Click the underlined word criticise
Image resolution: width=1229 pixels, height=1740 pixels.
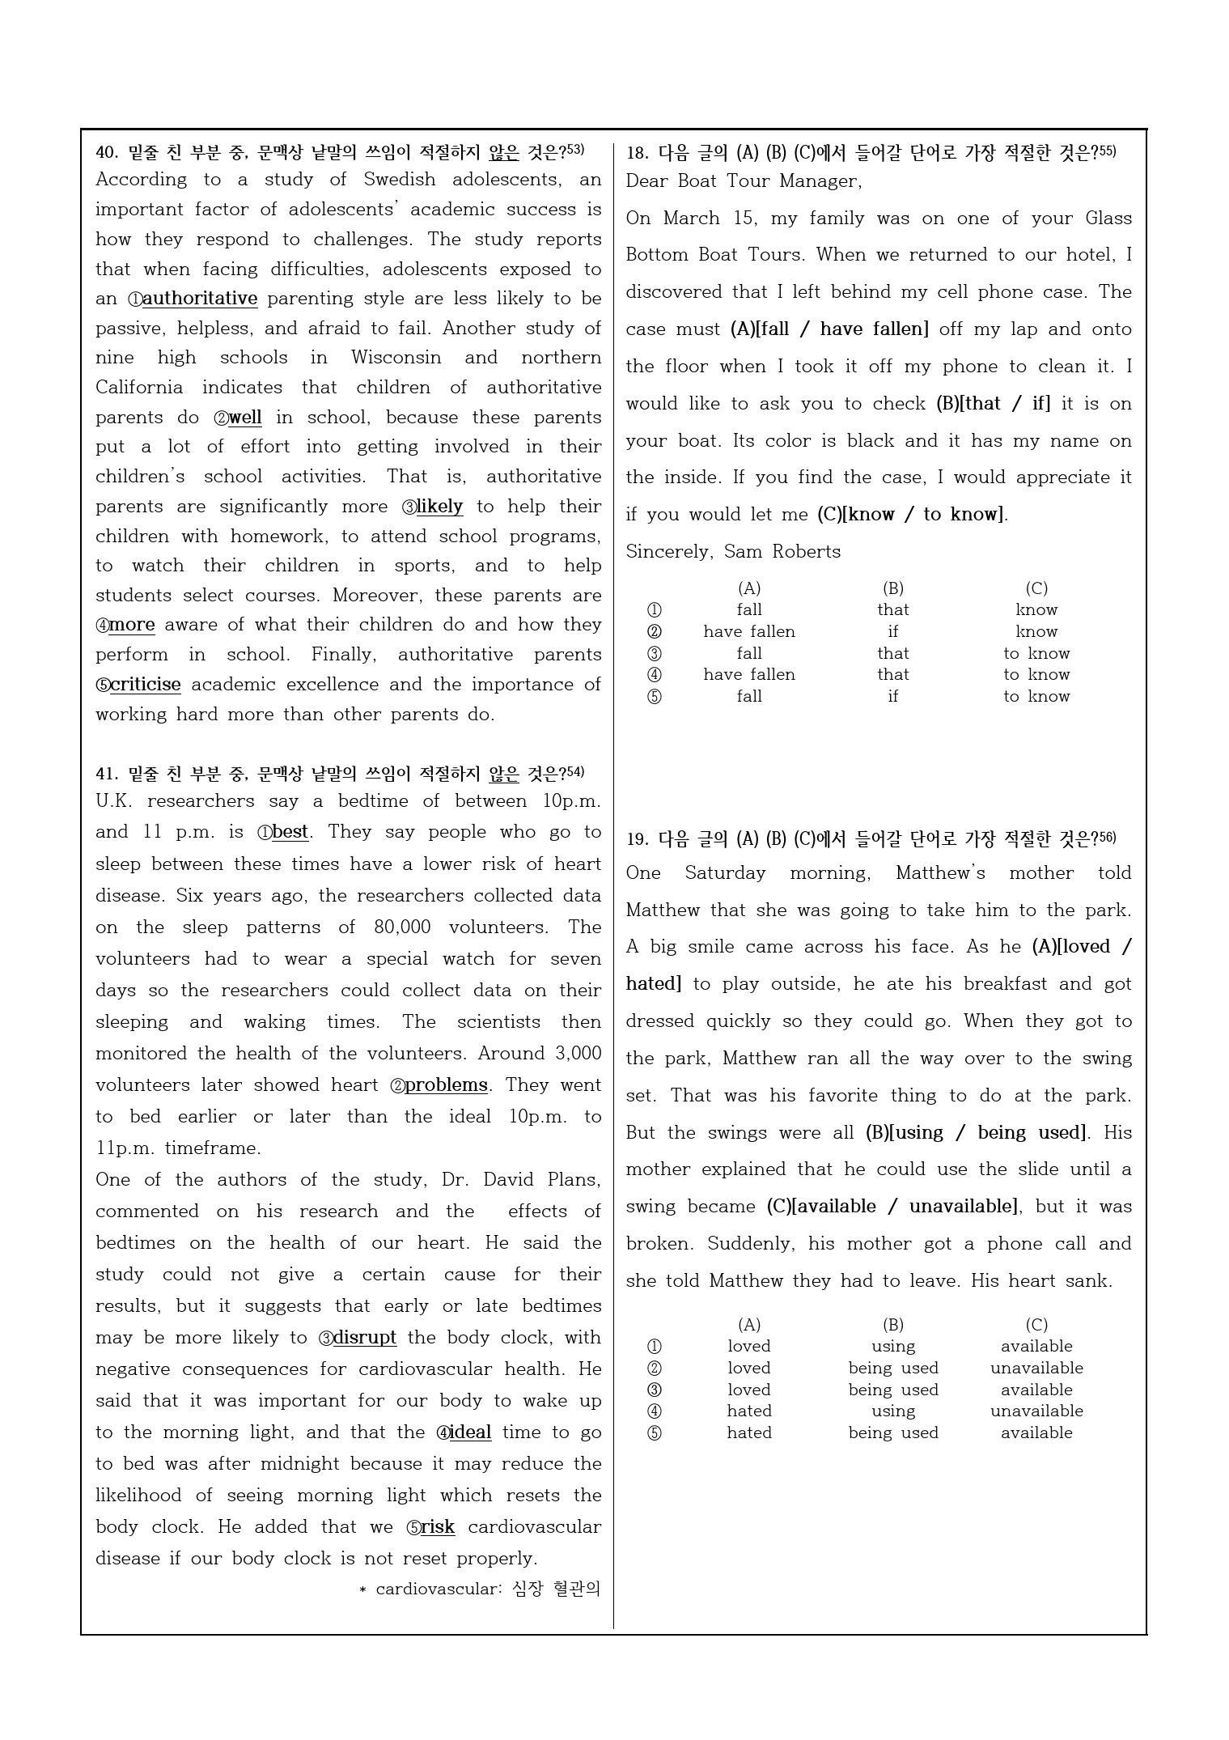tap(145, 685)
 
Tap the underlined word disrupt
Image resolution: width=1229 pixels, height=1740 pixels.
tap(364, 1338)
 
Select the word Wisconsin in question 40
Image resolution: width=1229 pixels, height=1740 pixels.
tap(396, 358)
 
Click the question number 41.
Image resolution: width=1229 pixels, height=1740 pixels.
tap(107, 775)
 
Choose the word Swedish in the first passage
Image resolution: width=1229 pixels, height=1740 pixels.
tap(399, 180)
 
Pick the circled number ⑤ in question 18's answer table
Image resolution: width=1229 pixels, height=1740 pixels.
tap(655, 697)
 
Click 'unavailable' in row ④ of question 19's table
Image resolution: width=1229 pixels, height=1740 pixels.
tap(1036, 1411)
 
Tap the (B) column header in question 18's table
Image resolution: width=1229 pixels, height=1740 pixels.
tap(892, 588)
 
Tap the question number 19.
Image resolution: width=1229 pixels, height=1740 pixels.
tap(637, 839)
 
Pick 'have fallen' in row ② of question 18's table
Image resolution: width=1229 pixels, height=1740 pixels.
tap(749, 632)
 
